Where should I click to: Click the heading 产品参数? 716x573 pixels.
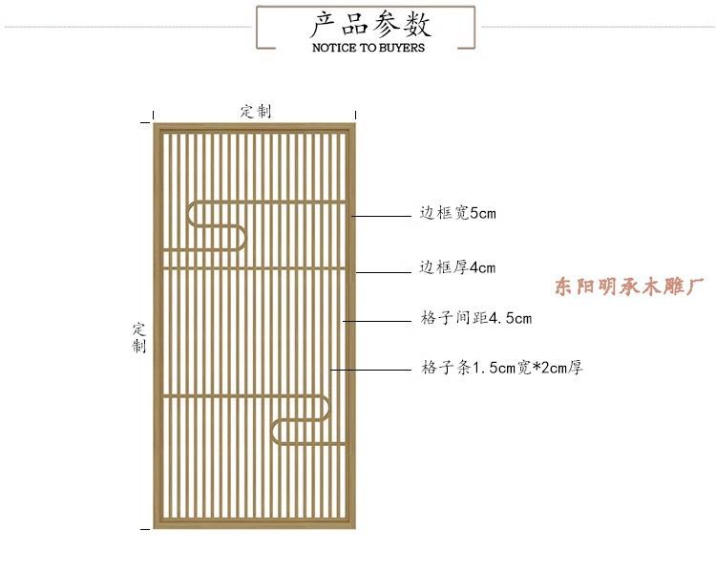(x=368, y=23)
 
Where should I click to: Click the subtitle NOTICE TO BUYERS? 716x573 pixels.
(x=368, y=47)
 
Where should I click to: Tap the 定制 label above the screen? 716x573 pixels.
(x=255, y=111)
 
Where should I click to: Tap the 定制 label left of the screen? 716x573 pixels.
(x=139, y=337)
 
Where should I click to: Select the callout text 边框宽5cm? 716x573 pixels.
(x=457, y=214)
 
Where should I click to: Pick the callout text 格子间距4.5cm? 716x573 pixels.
(x=475, y=318)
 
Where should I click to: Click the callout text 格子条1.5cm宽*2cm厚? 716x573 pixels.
(x=500, y=367)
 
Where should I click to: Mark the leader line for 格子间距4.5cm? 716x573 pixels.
(x=376, y=320)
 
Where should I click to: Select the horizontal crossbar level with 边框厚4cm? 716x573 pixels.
(x=254, y=268)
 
